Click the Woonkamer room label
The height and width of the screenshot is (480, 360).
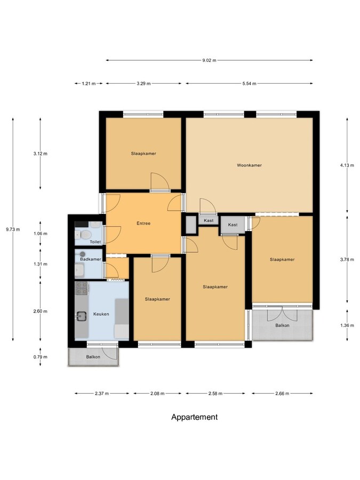(249, 165)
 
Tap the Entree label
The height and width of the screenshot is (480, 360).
(143, 223)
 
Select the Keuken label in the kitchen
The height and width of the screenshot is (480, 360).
(101, 314)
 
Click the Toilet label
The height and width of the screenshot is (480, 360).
(95, 242)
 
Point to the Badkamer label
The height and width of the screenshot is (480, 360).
(90, 259)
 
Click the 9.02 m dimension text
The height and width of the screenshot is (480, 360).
(209, 60)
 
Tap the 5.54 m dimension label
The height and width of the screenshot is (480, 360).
(249, 84)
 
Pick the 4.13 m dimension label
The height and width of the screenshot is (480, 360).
(347, 165)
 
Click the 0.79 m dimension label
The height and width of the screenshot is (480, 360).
(41, 357)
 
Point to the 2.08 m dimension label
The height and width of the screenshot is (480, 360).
(157, 394)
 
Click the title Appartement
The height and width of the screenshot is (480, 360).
(194, 417)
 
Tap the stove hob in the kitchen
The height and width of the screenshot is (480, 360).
(82, 289)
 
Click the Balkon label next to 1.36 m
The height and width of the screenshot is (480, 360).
(282, 325)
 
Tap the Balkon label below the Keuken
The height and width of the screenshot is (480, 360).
(93, 357)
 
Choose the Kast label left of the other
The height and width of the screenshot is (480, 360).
(209, 220)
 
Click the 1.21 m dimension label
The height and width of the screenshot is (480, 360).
(89, 84)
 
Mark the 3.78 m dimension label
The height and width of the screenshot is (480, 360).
(347, 260)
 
